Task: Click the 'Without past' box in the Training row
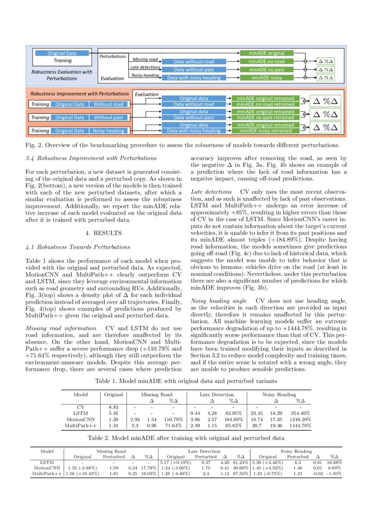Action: pos(109,118)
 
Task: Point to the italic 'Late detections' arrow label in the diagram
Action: pos(145,67)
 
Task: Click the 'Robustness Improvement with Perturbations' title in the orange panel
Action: pos(79,94)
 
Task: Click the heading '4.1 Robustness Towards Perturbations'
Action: pos(78,247)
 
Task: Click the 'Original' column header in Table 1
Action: pos(113,394)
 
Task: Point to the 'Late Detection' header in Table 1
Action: pos(217,394)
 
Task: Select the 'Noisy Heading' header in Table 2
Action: pos(296,451)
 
